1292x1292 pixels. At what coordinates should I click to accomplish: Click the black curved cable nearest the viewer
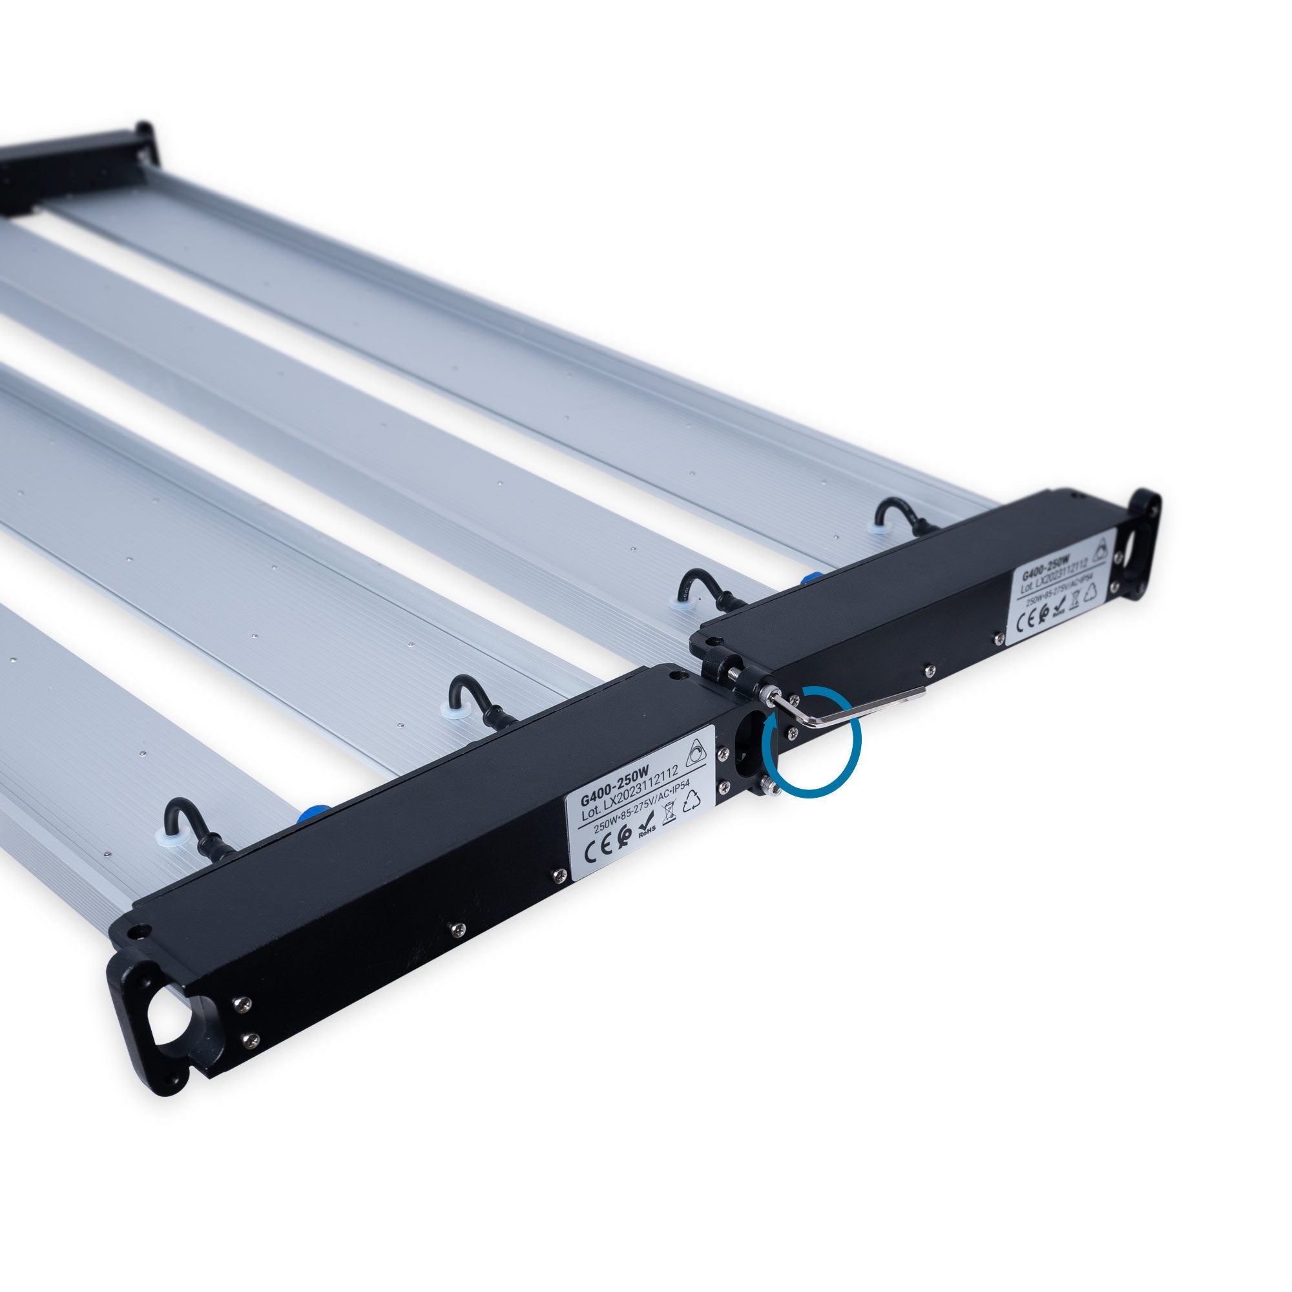tap(187, 824)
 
